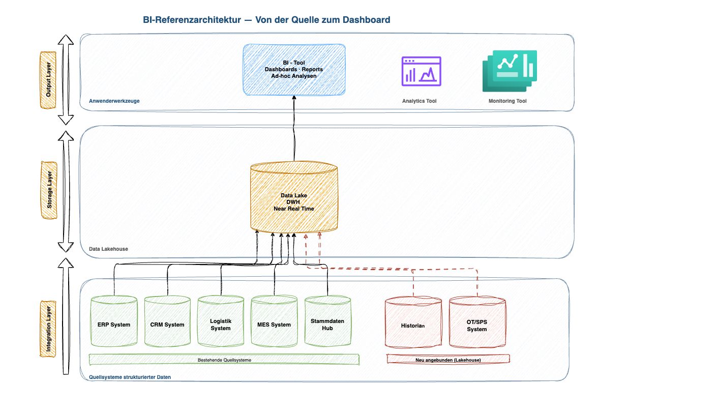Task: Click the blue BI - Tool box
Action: point(294,69)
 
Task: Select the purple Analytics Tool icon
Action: point(421,71)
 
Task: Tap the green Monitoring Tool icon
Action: point(509,71)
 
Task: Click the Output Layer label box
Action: point(48,79)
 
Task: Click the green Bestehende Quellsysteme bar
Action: point(224,360)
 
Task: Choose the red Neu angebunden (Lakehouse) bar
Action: point(448,359)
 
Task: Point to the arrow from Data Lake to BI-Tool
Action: point(294,130)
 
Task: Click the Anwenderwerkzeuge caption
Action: point(114,101)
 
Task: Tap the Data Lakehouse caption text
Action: point(108,249)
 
